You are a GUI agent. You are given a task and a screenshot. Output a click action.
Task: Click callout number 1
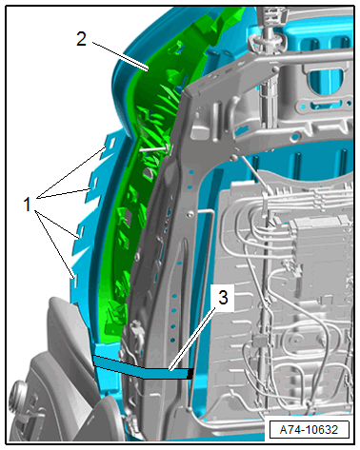pyautogui.click(x=28, y=204)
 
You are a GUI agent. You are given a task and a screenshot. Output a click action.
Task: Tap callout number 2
pyautogui.click(x=81, y=39)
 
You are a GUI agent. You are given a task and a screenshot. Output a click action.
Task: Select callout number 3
pyautogui.click(x=223, y=298)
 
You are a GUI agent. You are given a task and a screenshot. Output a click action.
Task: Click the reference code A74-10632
pyautogui.click(x=309, y=430)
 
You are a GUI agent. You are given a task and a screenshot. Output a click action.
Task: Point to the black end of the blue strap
pyautogui.click(x=190, y=374)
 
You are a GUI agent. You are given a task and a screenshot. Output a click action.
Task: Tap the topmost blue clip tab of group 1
pyautogui.click(x=110, y=144)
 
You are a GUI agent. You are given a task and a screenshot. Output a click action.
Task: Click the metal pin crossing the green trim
pyautogui.click(x=154, y=148)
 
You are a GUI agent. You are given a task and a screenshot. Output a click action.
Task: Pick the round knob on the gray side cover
pyautogui.click(x=18, y=394)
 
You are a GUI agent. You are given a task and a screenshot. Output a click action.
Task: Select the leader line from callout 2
pyautogui.click(x=121, y=56)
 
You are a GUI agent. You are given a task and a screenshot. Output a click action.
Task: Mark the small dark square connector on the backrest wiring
pyautogui.click(x=259, y=341)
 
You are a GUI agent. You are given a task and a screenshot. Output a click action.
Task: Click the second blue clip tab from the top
pyautogui.click(x=92, y=184)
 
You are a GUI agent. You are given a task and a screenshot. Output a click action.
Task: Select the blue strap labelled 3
pyautogui.click(x=143, y=368)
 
